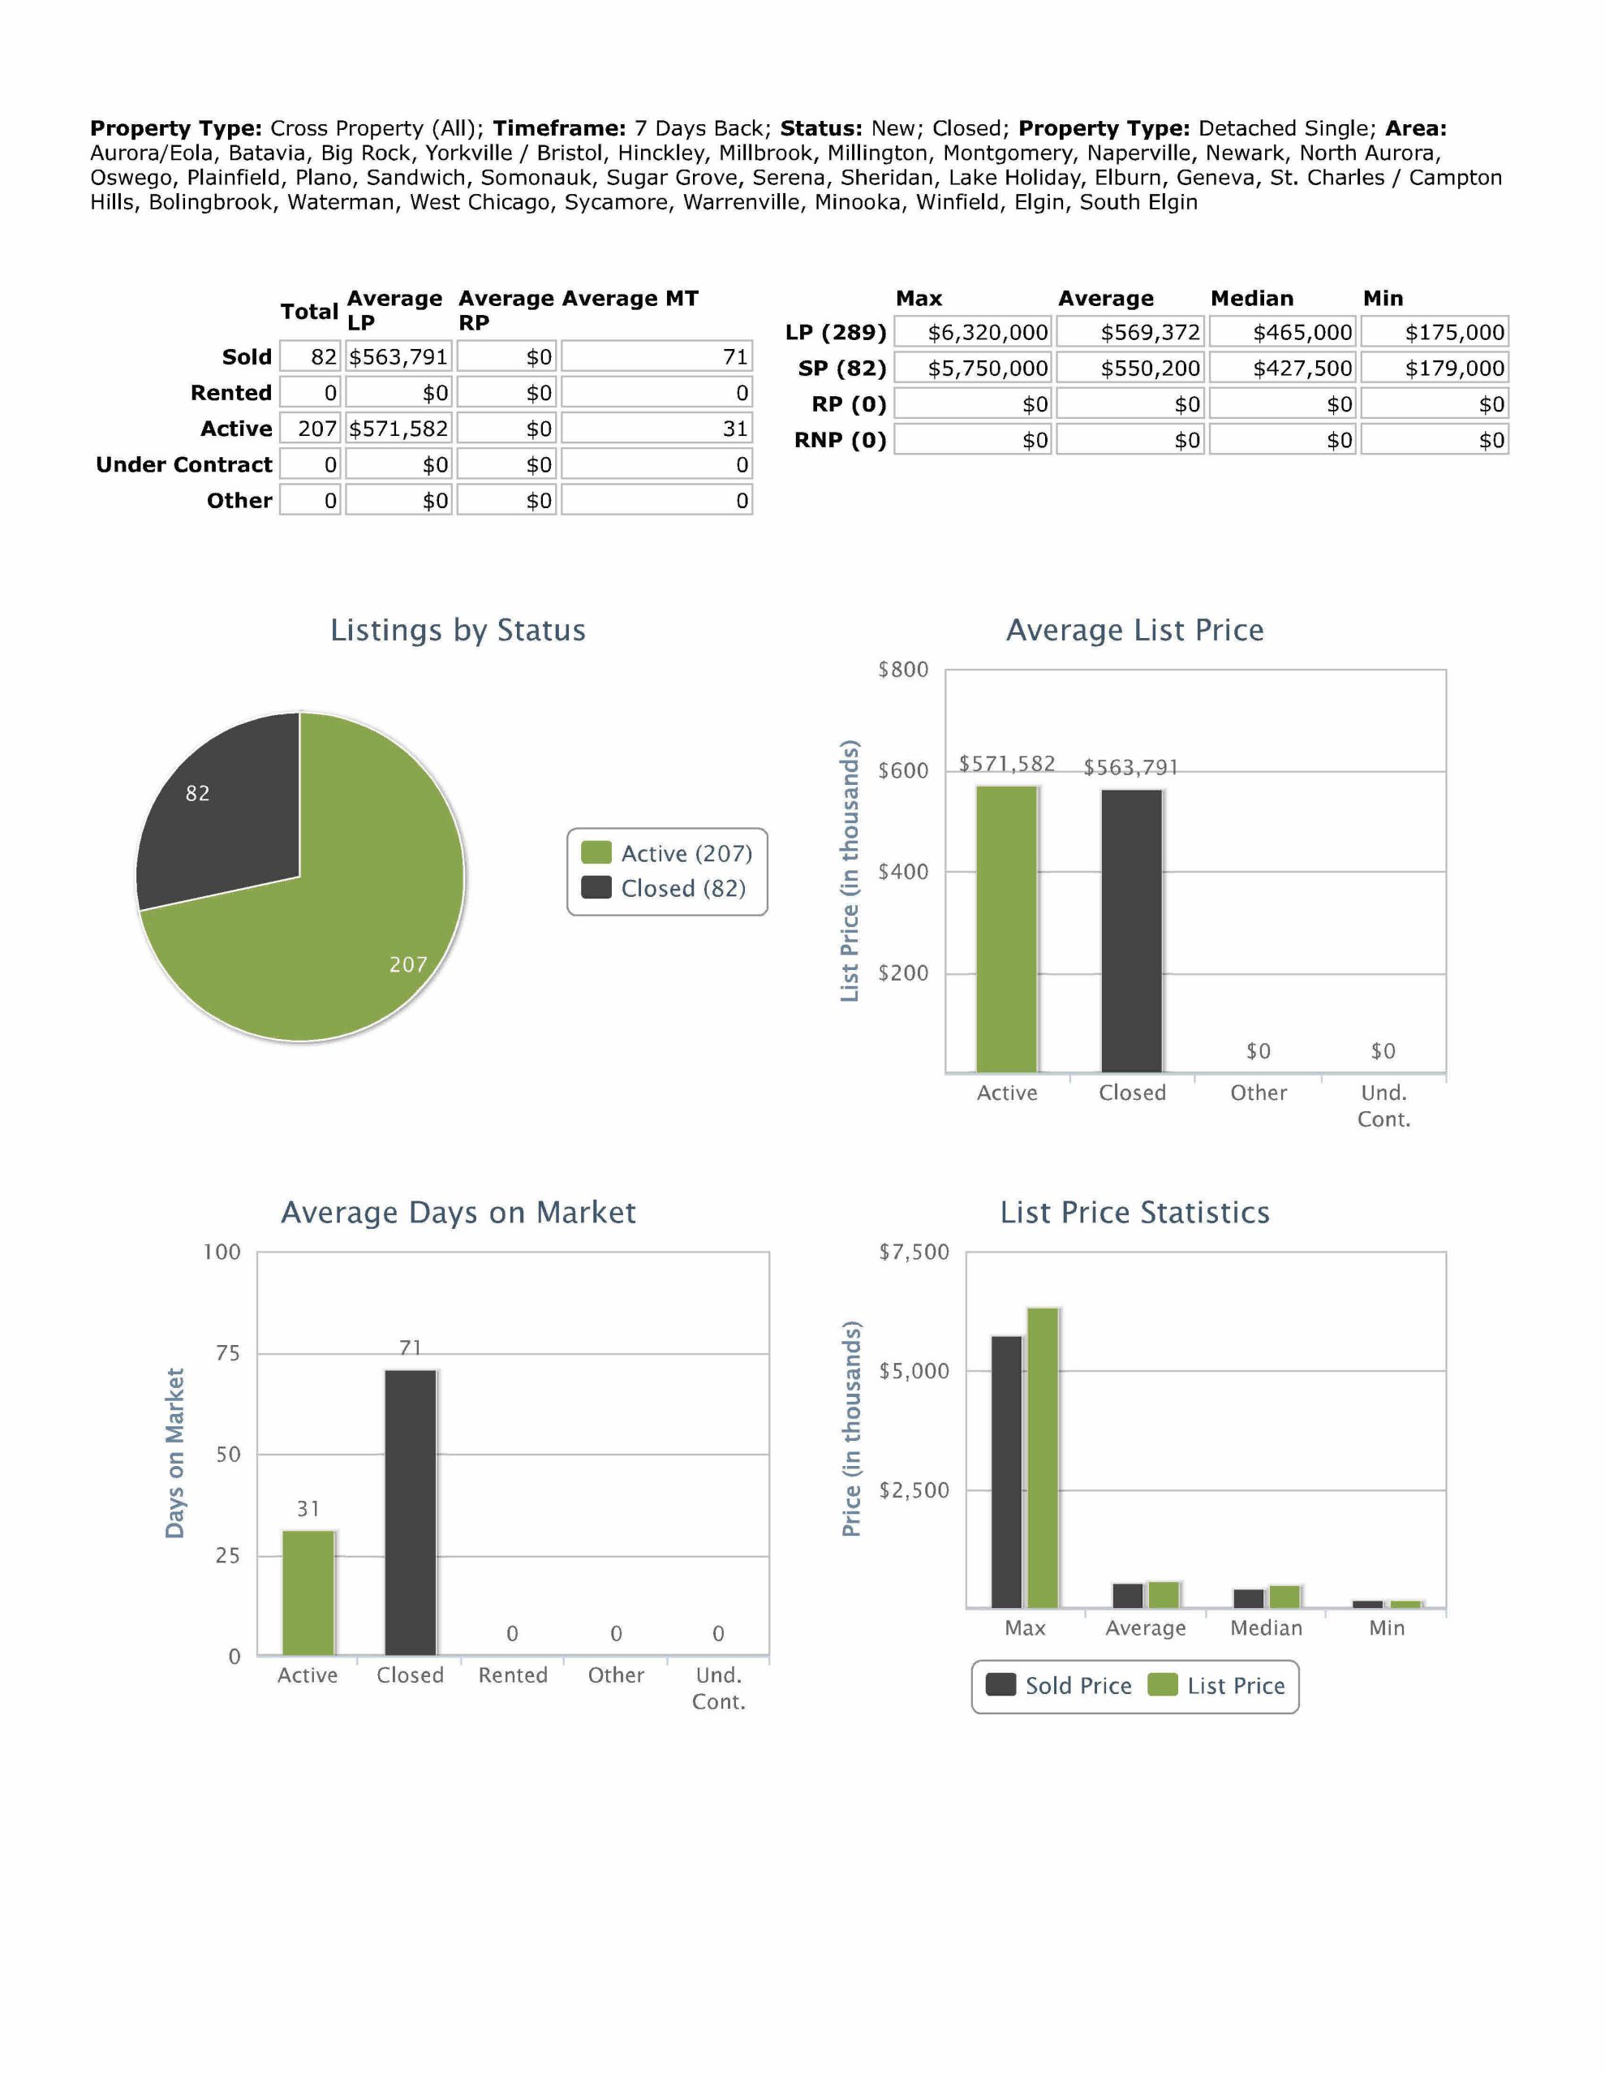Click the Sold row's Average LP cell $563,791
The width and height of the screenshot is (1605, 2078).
[x=398, y=357]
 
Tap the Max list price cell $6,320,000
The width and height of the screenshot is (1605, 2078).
[x=972, y=332]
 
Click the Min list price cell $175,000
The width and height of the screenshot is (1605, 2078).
[x=1434, y=332]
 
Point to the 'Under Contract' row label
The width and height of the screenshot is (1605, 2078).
[x=183, y=464]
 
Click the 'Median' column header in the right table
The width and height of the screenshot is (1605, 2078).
[x=1251, y=298]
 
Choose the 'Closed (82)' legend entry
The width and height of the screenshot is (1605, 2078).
[x=666, y=888]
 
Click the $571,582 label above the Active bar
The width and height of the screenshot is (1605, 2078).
[x=1007, y=763]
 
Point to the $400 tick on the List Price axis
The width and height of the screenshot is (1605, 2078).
[x=902, y=872]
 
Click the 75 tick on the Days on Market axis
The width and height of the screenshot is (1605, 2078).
[x=227, y=1353]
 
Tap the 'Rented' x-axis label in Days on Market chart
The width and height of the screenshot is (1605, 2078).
[x=513, y=1675]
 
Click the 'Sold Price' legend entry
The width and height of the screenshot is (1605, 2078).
[x=1060, y=1685]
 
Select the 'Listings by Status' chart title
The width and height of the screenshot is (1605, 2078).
[x=458, y=630]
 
